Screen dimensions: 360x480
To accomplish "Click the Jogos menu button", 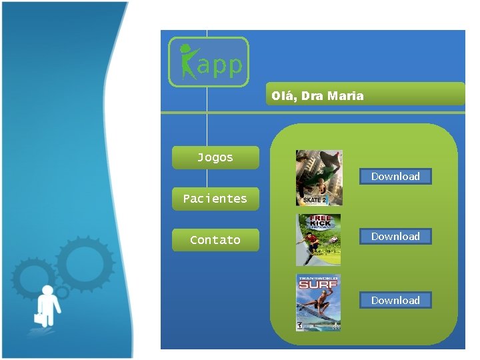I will point(215,158).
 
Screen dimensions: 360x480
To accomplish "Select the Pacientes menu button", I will point(215,199).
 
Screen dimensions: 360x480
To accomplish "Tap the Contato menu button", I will point(215,240).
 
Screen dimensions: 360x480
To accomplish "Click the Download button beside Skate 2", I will point(395,177).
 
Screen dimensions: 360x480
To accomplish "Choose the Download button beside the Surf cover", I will point(395,301).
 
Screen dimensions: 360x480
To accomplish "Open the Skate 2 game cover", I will point(319,177).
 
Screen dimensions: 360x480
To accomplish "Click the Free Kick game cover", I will point(319,240).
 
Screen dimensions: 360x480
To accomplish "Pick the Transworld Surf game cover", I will point(319,303).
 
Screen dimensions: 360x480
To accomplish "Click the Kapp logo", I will point(209,62).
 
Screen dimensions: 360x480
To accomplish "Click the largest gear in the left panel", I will point(85,266).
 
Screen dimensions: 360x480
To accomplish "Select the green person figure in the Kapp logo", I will point(187,61).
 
